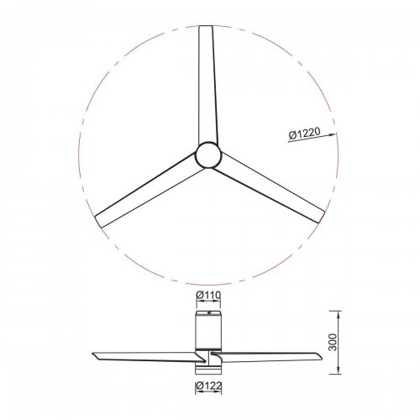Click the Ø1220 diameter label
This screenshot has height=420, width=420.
pyautogui.click(x=304, y=134)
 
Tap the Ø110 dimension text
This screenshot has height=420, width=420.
pyautogui.click(x=208, y=295)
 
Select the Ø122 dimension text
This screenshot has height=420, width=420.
pyautogui.click(x=209, y=386)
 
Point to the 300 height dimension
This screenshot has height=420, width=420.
pyautogui.click(x=333, y=342)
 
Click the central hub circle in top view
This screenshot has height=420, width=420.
pyautogui.click(x=208, y=155)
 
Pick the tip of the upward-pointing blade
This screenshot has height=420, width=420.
pyautogui.click(x=206, y=26)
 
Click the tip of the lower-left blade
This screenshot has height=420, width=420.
pyautogui.click(x=98, y=221)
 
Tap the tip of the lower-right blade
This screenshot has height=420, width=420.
pyautogui.click(x=322, y=217)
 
